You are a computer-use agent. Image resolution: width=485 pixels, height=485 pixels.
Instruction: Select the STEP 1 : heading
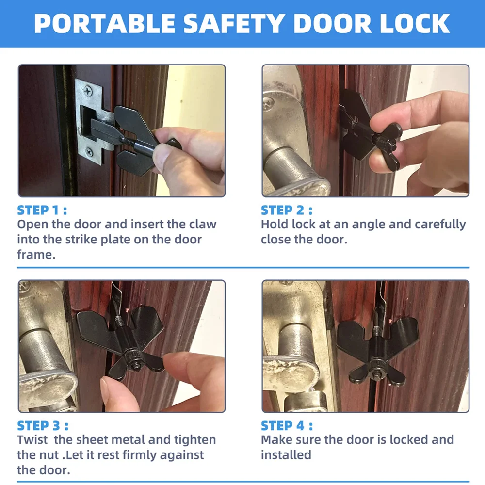[42, 210]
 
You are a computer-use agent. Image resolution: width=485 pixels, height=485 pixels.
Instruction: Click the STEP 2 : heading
[287, 210]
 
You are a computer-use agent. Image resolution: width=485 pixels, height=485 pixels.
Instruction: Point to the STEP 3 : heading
[43, 425]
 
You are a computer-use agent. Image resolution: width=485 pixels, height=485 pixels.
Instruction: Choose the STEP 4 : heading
[287, 425]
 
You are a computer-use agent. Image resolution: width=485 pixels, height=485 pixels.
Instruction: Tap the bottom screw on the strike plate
[89, 151]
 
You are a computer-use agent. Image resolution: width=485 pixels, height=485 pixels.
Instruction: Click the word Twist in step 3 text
[33, 440]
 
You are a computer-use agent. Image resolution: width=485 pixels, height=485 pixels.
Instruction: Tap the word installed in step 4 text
[286, 455]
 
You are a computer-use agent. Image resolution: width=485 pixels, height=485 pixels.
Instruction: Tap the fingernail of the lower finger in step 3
[104, 388]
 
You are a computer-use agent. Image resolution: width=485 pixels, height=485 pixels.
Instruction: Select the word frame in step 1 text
[36, 254]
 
